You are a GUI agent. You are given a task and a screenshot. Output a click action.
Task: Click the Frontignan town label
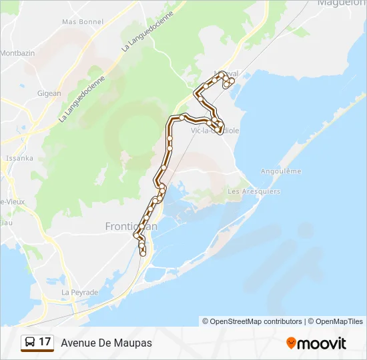pyautogui.click(x=131, y=227)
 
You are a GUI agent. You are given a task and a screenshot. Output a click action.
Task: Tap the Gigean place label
pyautogui.click(x=49, y=94)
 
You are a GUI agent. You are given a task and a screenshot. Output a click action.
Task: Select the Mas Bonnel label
pyautogui.click(x=83, y=21)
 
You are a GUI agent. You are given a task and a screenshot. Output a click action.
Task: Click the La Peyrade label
pyautogui.click(x=79, y=292)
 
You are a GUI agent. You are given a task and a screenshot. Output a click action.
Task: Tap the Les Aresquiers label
pyautogui.click(x=254, y=191)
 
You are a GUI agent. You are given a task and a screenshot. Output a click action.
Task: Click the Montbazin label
pyautogui.click(x=17, y=53)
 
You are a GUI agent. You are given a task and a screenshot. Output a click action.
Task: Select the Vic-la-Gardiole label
pyautogui.click(x=215, y=131)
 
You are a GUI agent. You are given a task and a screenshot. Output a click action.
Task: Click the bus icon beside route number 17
pyautogui.click(x=30, y=342)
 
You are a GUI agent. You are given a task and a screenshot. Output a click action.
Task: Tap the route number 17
pyautogui.click(x=45, y=342)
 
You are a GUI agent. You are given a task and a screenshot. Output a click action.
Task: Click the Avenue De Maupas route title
pyautogui.click(x=106, y=343)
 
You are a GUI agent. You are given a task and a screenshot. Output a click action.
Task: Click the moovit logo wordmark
pyautogui.click(x=322, y=343)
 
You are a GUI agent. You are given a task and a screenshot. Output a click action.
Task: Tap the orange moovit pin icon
pyautogui.click(x=291, y=343)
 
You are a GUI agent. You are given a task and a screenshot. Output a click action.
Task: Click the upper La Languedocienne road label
pyautogui.click(x=148, y=31)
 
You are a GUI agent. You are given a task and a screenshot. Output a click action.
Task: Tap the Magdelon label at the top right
pyautogui.click(x=342, y=3)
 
